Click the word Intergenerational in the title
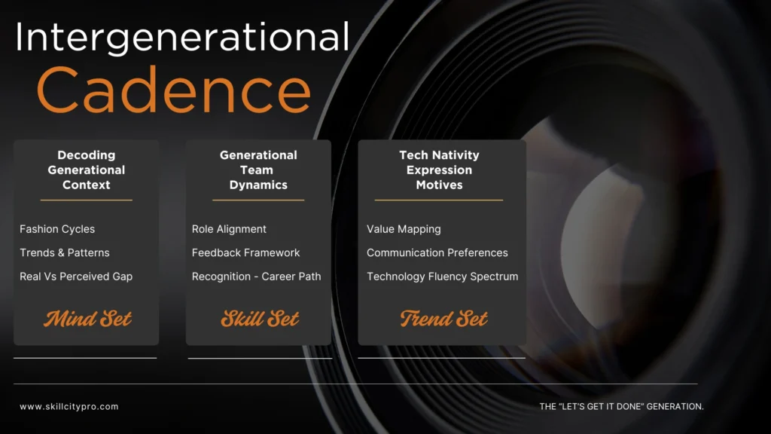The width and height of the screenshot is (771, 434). (x=182, y=38)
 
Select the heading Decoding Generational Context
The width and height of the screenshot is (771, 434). (x=87, y=170)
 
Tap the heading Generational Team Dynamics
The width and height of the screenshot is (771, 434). (x=258, y=170)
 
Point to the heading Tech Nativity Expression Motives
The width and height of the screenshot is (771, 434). (x=439, y=170)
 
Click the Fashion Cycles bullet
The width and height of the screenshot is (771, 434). (x=57, y=229)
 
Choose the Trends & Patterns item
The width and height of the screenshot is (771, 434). (x=65, y=252)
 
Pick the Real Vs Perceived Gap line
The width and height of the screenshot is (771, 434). (x=76, y=277)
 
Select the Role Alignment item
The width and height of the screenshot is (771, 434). (x=229, y=229)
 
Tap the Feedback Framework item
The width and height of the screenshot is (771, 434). (x=245, y=252)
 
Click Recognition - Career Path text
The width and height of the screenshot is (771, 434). (x=256, y=277)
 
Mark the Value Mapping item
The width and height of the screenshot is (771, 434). (x=404, y=229)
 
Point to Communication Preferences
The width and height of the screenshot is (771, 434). (x=437, y=252)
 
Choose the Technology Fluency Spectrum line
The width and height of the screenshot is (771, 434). (x=443, y=277)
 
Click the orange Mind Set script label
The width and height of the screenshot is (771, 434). (x=87, y=319)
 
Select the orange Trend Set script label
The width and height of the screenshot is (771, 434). (x=443, y=319)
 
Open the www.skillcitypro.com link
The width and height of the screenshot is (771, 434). (x=69, y=407)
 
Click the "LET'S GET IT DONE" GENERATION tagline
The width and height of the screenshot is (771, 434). (x=621, y=407)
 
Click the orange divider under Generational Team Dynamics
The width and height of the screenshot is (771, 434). (x=258, y=200)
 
